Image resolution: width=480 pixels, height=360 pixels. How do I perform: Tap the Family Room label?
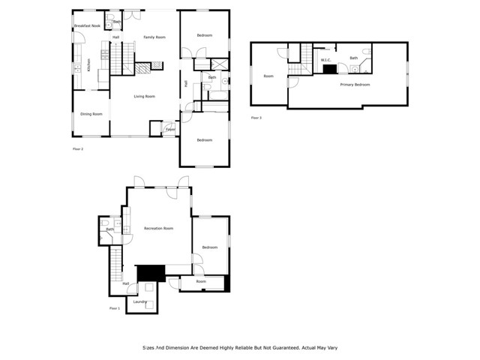154,37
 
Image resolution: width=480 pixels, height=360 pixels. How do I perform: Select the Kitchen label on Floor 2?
88,65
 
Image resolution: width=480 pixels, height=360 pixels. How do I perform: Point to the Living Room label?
144,96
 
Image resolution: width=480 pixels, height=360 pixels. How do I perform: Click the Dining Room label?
91,114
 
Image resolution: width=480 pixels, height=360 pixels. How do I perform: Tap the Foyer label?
170,130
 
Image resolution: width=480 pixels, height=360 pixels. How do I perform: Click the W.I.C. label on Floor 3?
326,60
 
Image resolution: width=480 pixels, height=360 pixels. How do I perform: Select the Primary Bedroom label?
355,85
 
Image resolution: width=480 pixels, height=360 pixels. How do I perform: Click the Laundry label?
140,301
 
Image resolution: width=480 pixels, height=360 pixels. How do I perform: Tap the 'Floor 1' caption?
115,308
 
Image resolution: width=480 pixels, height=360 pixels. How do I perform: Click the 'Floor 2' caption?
78,149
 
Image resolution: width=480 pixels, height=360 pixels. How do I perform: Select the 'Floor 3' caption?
256,118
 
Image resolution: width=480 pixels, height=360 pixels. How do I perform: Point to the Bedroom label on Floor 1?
209,247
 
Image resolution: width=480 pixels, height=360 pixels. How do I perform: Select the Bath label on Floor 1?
109,229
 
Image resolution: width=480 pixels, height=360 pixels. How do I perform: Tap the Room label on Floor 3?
268,76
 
